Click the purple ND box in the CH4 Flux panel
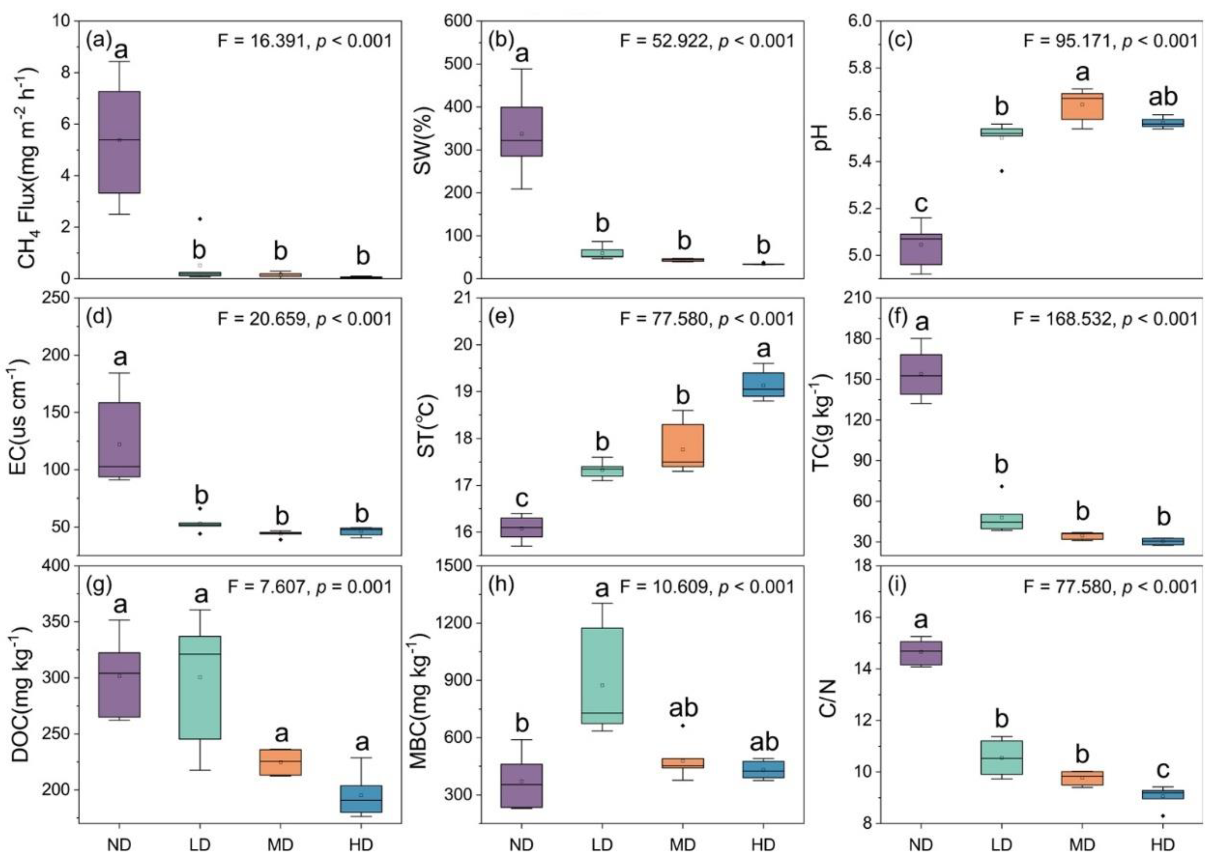(120, 142)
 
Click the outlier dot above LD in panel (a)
(200, 219)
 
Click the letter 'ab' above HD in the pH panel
(1163, 97)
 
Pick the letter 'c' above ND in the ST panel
(522, 499)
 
